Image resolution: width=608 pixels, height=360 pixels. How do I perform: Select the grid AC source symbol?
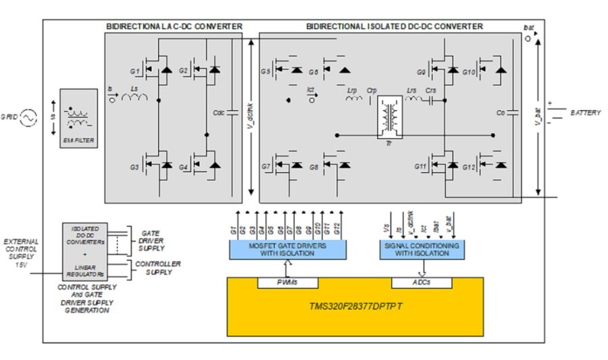coord(28,119)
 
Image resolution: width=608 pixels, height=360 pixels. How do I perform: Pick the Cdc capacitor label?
coord(219,113)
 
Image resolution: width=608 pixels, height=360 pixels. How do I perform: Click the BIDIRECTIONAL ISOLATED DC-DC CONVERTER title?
coord(395,26)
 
